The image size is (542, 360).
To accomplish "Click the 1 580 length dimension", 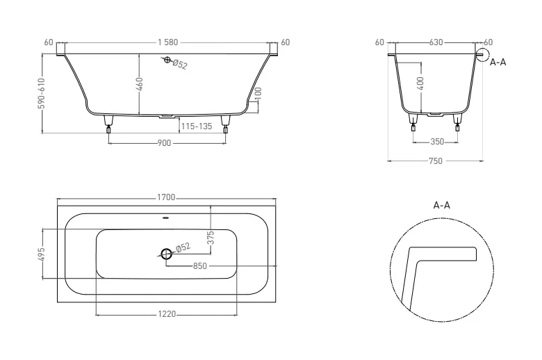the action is (x=168, y=42).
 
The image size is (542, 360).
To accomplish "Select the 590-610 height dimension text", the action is (x=42, y=93).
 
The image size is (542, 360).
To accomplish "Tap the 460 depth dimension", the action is (x=139, y=84).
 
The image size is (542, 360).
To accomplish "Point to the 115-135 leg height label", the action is (x=197, y=126).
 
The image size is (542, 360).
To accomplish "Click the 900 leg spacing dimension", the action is (x=164, y=143).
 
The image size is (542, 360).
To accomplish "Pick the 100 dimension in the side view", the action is (x=258, y=93).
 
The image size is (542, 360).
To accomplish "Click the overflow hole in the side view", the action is (x=167, y=60).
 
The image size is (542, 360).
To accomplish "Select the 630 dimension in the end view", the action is (x=436, y=42).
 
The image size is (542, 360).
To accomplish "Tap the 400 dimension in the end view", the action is (x=420, y=83).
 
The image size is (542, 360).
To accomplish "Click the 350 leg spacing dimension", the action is (x=437, y=142).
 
